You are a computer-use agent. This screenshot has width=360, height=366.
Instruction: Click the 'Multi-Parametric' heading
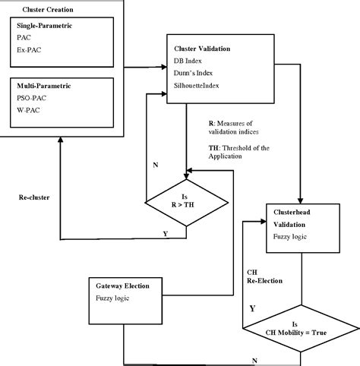coord(43,84)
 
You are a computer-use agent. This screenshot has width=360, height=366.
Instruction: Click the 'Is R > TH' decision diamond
coord(186,201)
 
